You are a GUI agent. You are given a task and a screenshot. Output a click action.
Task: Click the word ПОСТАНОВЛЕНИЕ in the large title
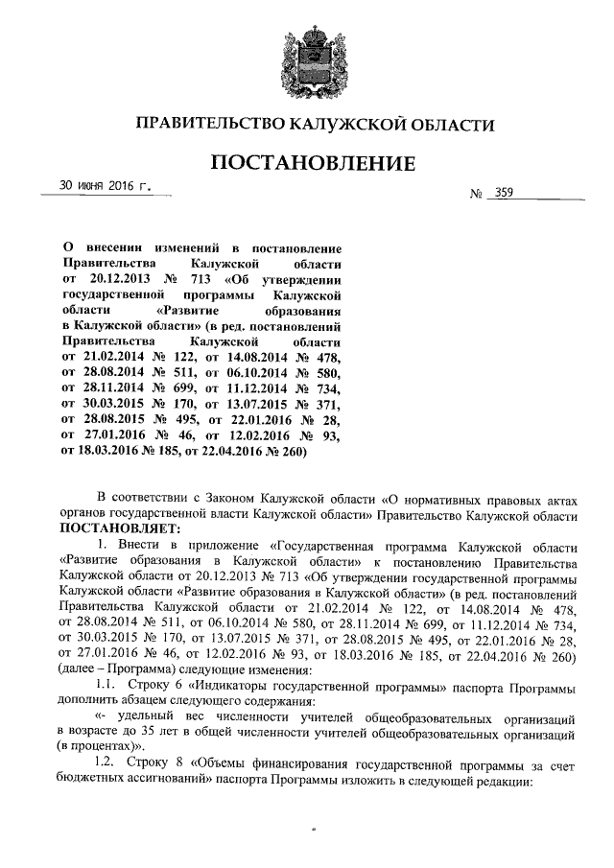pos(307,163)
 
